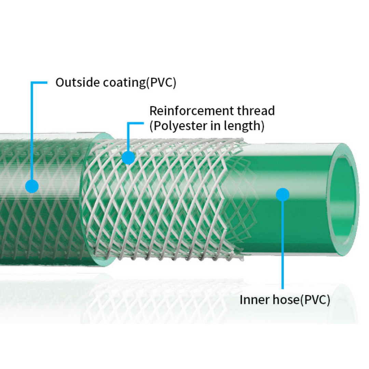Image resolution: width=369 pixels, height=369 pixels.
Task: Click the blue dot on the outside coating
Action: coord(32,187)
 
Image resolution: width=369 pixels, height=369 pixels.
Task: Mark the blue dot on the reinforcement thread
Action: coord(128,158)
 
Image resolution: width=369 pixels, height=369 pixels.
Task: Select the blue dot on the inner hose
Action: coord(283,194)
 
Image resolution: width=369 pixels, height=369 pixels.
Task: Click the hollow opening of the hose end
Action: coord(343,200)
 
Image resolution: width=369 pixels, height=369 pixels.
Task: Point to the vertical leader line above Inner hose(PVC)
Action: coord(283,246)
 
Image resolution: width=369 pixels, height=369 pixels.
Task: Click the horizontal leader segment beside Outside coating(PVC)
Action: coord(39,82)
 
